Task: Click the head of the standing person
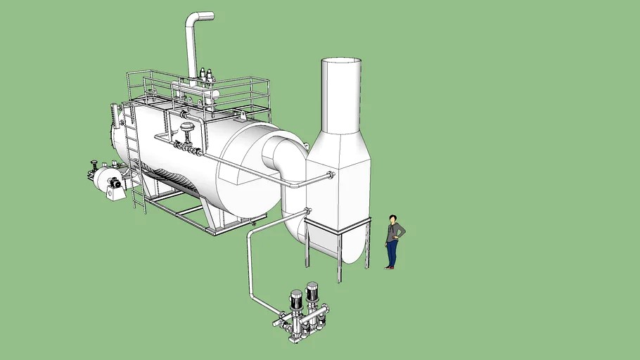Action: [x=392, y=219]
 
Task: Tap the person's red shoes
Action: [x=389, y=267]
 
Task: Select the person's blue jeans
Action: [x=390, y=253]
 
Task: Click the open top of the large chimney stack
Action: [x=341, y=63]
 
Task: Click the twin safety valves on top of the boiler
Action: [x=206, y=75]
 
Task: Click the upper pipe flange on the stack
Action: [x=331, y=175]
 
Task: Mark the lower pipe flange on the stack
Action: [x=307, y=210]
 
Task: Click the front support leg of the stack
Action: [x=339, y=257]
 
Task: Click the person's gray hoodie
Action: [x=394, y=232]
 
